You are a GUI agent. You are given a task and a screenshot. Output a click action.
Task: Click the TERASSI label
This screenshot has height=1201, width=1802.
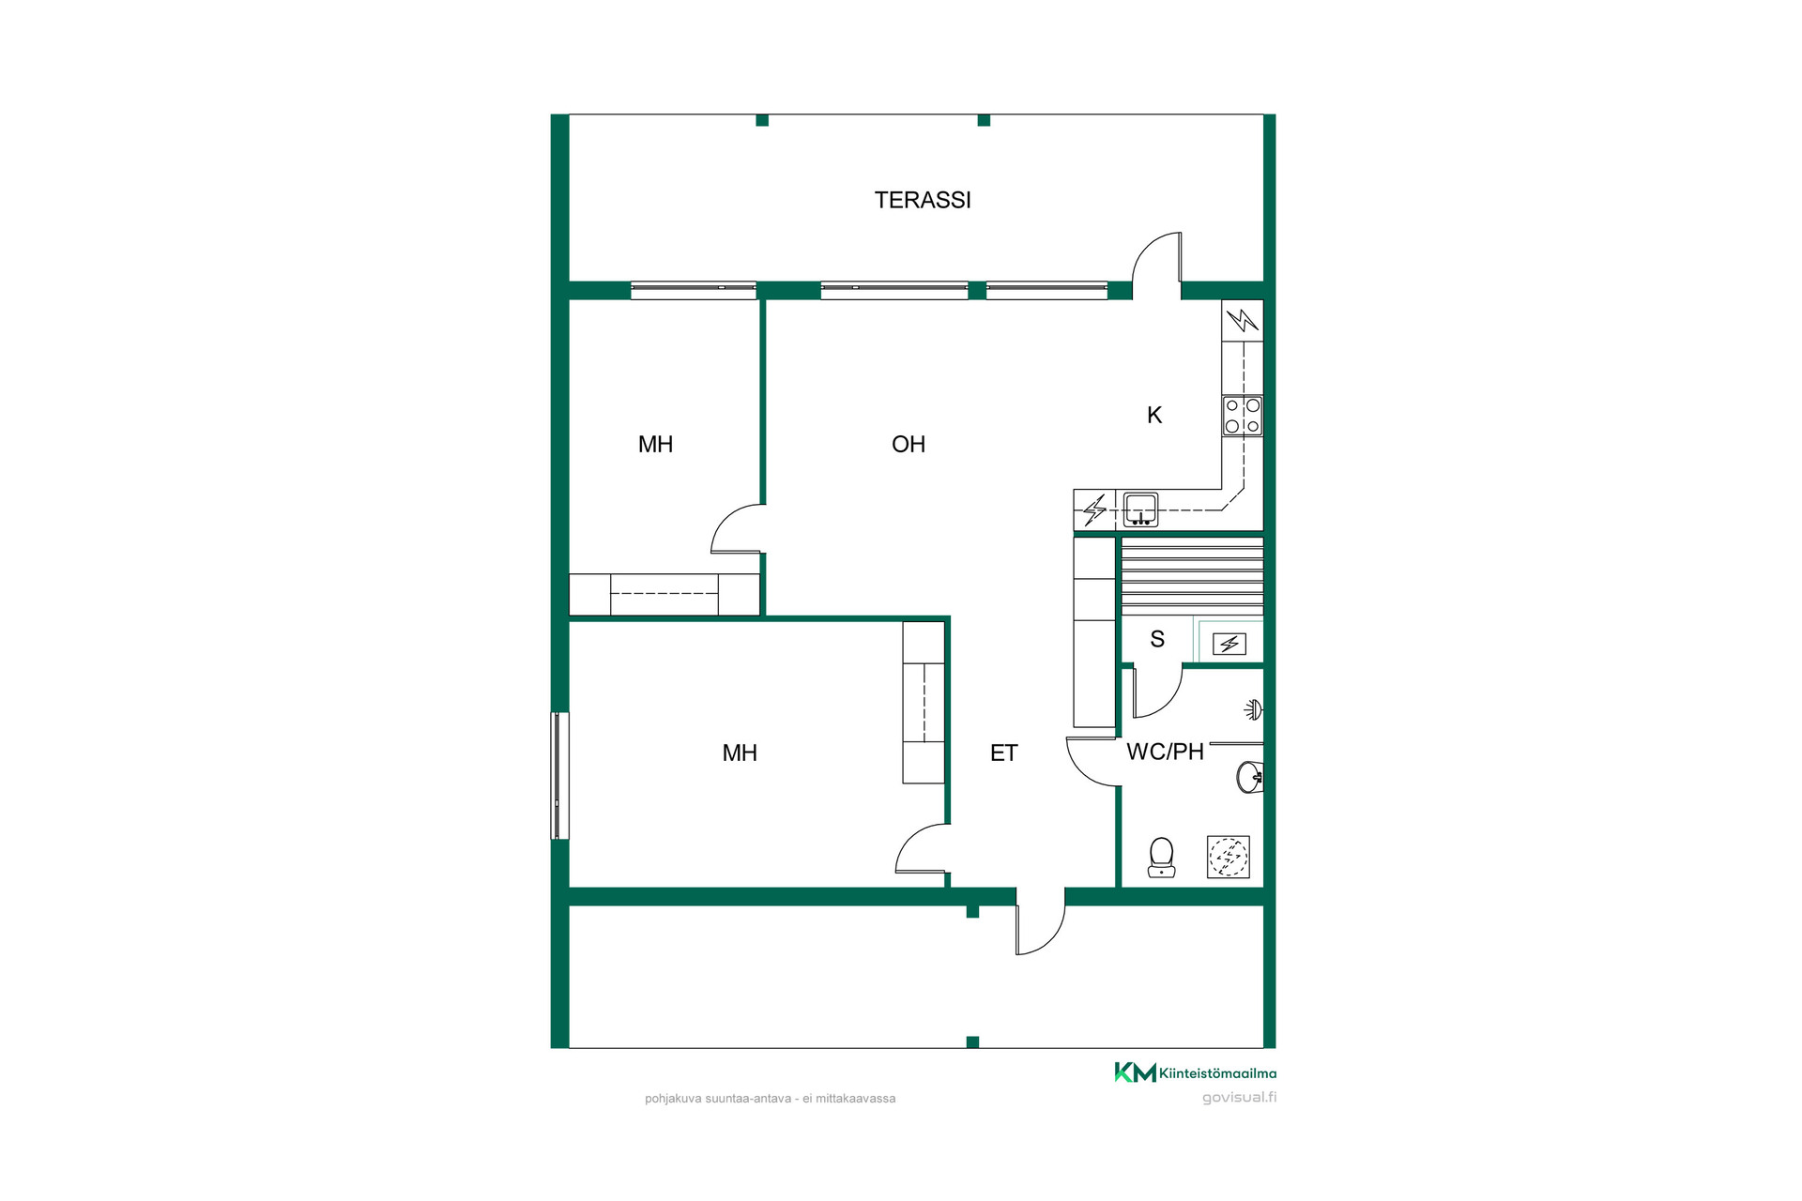(x=923, y=200)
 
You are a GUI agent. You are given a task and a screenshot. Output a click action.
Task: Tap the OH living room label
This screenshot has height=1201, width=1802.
(x=909, y=444)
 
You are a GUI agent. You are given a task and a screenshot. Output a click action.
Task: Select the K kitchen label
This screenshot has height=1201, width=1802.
(x=1154, y=415)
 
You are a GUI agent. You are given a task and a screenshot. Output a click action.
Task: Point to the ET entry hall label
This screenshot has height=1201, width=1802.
(x=1003, y=753)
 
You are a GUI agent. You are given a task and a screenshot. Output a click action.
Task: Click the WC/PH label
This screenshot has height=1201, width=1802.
(x=1165, y=752)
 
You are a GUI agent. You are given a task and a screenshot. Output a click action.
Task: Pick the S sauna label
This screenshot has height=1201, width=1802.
(x=1157, y=639)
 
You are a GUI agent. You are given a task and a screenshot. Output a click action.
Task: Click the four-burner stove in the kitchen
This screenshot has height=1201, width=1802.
(x=1243, y=416)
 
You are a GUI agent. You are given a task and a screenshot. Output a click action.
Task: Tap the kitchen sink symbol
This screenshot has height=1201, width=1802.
(x=1140, y=509)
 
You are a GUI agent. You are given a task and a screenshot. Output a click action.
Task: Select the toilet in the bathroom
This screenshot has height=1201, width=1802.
(x=1162, y=858)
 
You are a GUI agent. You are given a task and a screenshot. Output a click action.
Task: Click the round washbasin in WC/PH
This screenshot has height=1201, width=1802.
(x=1250, y=777)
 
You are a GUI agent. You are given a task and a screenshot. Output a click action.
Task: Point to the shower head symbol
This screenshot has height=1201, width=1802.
(x=1254, y=709)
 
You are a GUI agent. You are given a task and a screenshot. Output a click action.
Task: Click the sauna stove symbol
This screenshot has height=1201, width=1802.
(x=1229, y=644)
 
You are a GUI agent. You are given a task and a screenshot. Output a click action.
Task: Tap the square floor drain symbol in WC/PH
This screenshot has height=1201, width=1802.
(x=1229, y=857)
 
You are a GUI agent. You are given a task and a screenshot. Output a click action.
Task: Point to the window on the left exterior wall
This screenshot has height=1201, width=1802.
(x=559, y=775)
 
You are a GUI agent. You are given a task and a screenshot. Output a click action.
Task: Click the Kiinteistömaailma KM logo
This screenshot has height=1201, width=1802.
(x=1195, y=1072)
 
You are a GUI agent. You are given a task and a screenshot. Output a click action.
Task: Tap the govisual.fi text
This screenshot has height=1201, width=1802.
(x=1239, y=1097)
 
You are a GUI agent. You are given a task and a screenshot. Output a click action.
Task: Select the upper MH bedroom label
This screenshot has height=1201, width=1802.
(x=655, y=444)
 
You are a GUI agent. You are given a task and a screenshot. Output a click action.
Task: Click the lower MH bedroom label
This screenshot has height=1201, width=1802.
(x=740, y=753)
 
